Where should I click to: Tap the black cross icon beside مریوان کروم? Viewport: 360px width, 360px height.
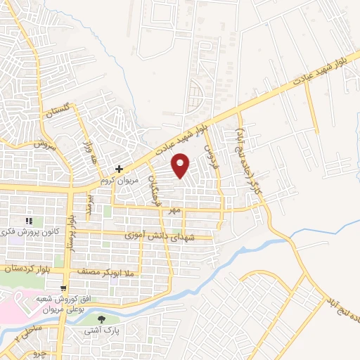120,169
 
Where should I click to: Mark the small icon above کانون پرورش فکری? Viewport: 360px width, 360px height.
30,221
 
